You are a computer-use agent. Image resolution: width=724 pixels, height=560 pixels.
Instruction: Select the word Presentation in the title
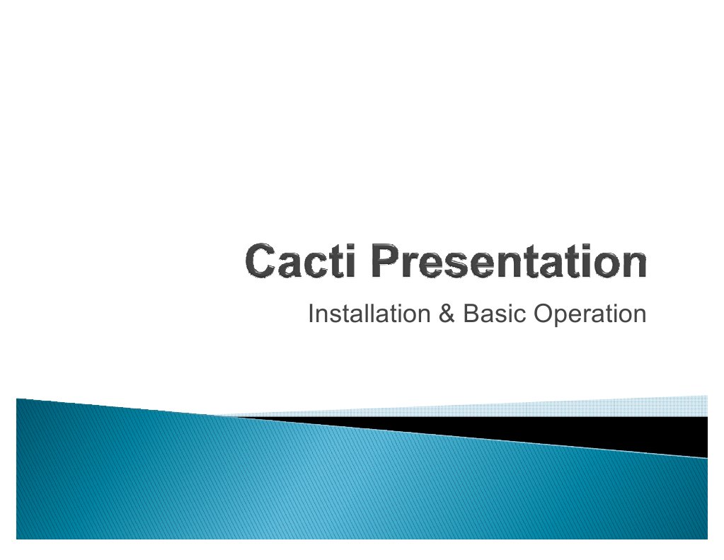[508, 263]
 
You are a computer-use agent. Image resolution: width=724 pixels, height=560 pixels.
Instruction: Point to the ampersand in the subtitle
[446, 314]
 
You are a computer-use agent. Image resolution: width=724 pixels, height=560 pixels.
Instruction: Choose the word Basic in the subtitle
[493, 314]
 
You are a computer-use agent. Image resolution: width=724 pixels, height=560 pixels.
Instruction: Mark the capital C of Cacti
[260, 263]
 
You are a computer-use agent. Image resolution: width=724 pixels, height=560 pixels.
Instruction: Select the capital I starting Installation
[311, 314]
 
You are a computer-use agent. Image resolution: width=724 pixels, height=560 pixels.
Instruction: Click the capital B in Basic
[469, 314]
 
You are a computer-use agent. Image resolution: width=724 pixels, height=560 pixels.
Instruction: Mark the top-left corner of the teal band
[18, 400]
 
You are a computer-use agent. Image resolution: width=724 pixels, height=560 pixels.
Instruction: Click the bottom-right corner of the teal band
[706, 537]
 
